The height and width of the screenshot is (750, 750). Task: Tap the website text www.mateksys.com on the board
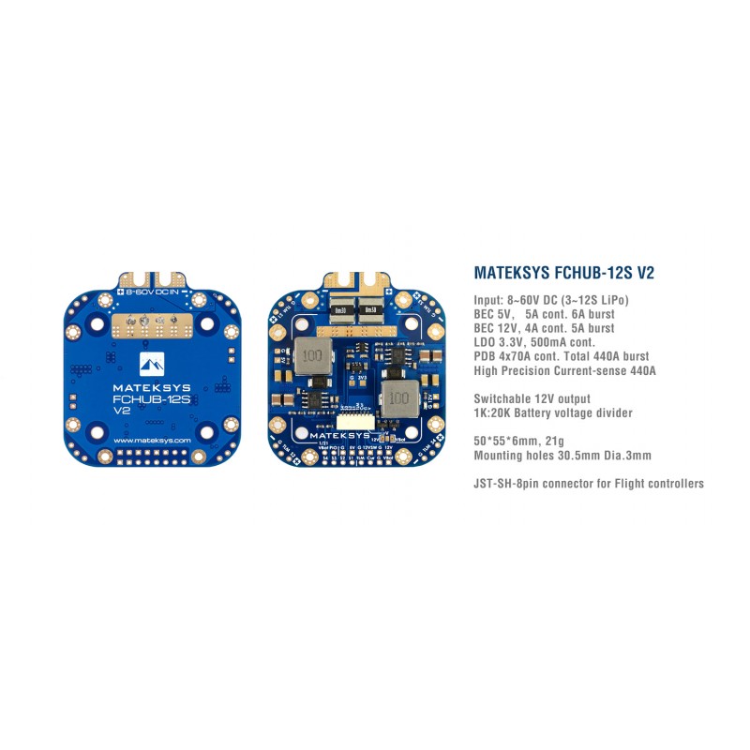tap(151, 440)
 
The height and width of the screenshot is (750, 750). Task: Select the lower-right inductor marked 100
tap(397, 397)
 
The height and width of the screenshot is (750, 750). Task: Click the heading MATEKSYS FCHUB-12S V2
tap(563, 274)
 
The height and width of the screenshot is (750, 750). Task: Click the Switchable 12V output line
tap(532, 398)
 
